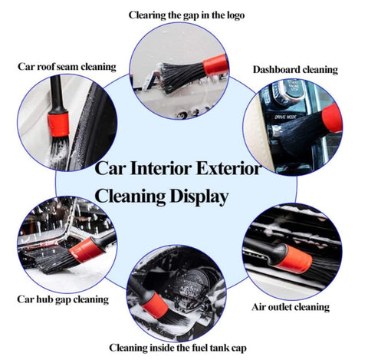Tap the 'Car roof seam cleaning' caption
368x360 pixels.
coord(67,66)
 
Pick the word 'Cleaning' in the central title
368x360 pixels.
coord(127,197)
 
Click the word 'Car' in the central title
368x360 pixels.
coord(109,168)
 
